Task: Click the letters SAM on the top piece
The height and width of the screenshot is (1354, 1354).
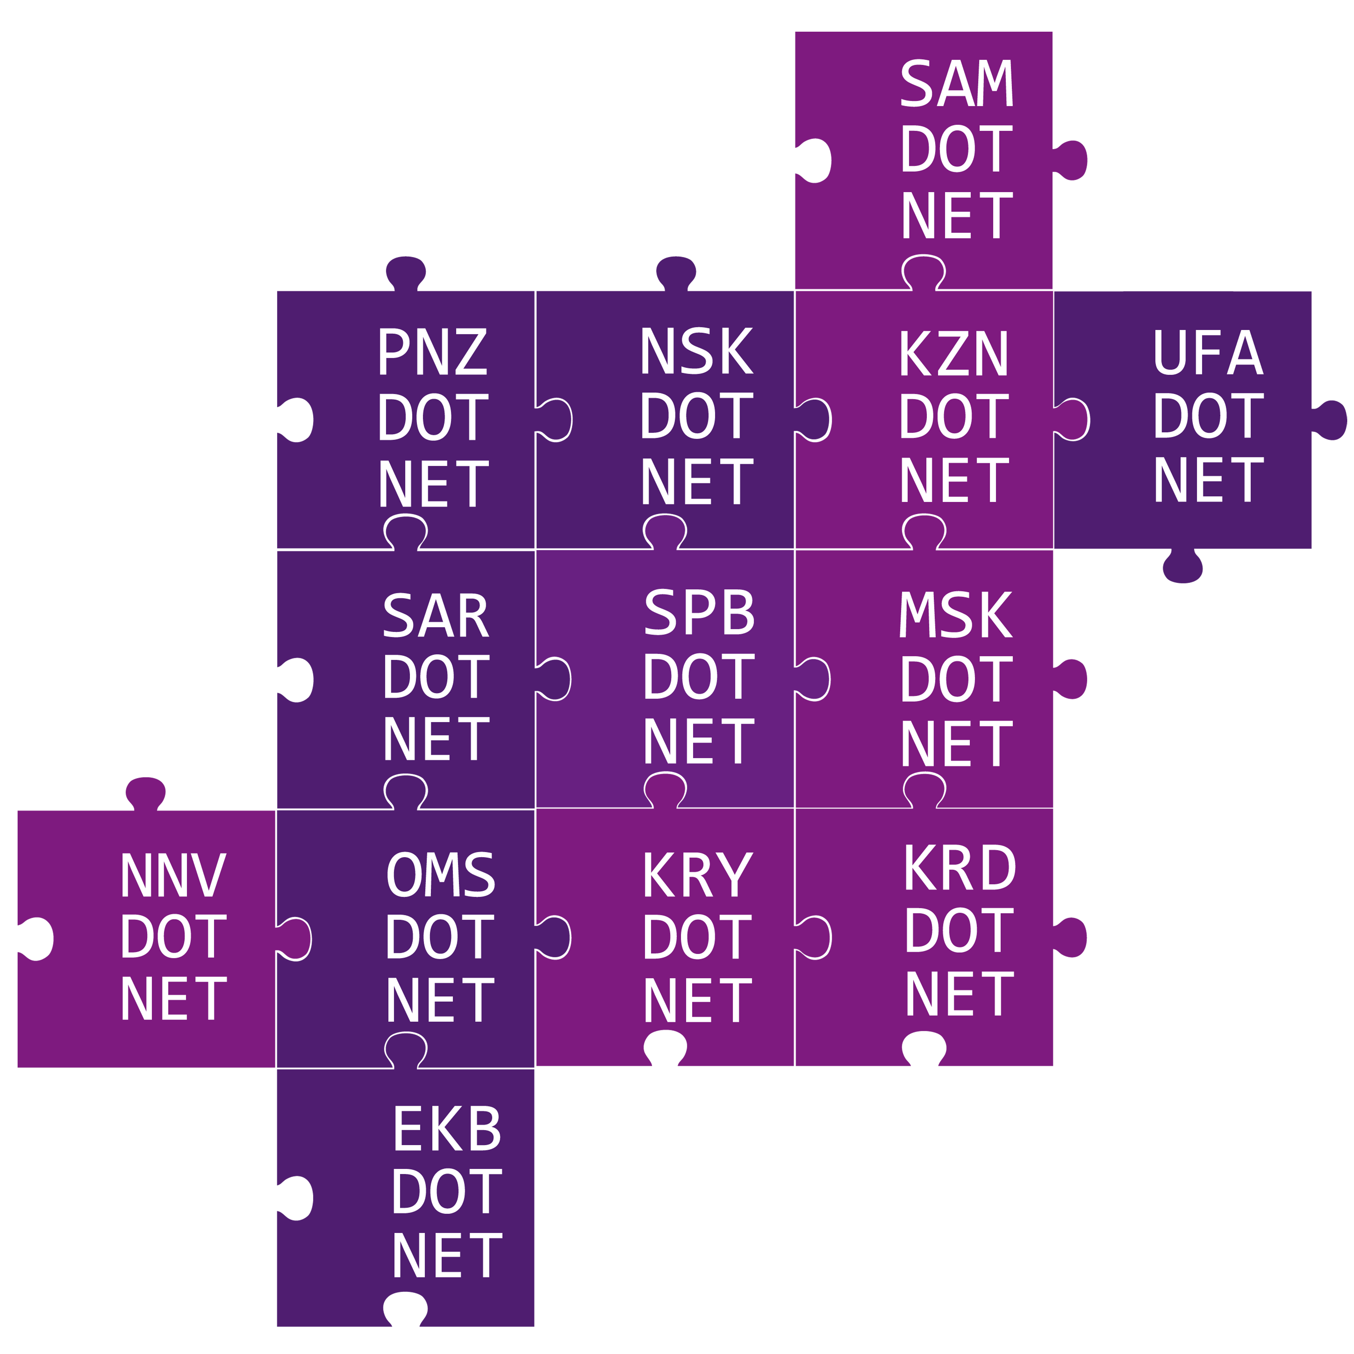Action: click(x=957, y=83)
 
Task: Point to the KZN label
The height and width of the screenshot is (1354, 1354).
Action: click(x=954, y=353)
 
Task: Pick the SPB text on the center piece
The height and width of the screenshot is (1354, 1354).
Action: click(x=699, y=612)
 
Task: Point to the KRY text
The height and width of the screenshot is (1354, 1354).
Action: click(x=698, y=875)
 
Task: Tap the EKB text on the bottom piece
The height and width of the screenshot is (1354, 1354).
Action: click(x=447, y=1128)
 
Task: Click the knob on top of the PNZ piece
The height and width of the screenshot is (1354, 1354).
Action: click(x=406, y=273)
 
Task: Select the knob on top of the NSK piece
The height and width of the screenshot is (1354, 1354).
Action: click(x=676, y=273)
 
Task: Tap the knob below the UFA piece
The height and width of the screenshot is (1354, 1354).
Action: click(x=1183, y=566)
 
